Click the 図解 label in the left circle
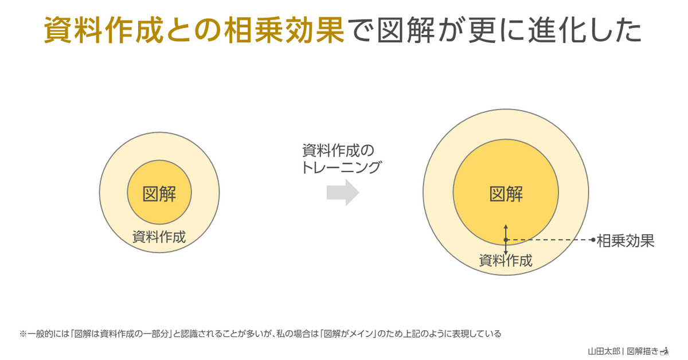pyautogui.click(x=159, y=194)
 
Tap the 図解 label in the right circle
pyautogui.click(x=506, y=194)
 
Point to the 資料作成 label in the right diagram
pyautogui.click(x=506, y=261)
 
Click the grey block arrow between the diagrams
pyautogui.click(x=343, y=194)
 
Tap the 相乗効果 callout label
pyautogui.click(x=626, y=240)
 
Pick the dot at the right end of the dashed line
pyautogui.click(x=593, y=240)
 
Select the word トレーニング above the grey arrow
pyautogui.click(x=341, y=168)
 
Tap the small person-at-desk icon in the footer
pyautogui.click(x=665, y=350)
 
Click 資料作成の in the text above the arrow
pyautogui.click(x=338, y=151)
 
